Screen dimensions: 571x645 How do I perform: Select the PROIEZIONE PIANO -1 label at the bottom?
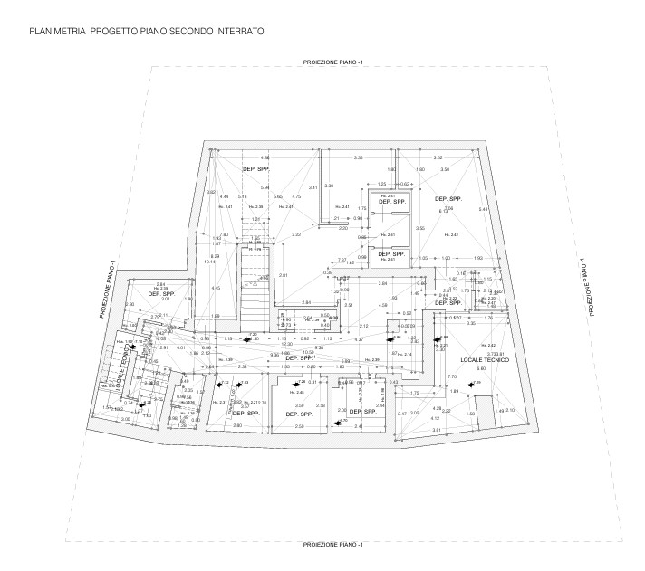point(332,544)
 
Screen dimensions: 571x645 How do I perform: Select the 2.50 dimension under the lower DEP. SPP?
point(299,424)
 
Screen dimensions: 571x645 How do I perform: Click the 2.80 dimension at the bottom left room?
point(237,424)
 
